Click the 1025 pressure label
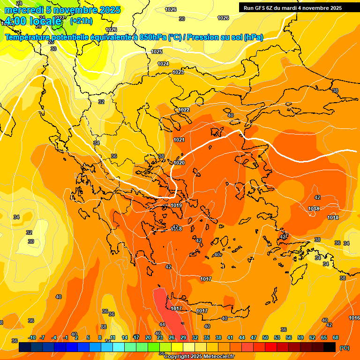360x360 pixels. tap(157, 52)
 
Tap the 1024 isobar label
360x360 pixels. tap(163, 64)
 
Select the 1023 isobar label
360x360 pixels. tap(178, 72)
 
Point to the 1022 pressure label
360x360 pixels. tap(184, 110)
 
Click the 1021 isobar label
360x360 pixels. tap(179, 140)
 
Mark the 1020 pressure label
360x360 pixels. tap(179, 163)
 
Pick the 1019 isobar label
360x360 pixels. tap(176, 205)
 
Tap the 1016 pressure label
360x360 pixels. tap(354, 318)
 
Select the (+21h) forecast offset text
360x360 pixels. tap(81, 21)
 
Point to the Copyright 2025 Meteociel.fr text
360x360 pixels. tap(199, 357)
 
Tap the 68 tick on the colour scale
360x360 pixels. tap(336, 337)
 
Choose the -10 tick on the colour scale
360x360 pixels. tap(32, 337)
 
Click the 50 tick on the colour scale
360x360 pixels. tap(265, 337)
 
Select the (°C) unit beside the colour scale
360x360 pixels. tap(344, 347)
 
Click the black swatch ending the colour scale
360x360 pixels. tap(330, 347)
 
